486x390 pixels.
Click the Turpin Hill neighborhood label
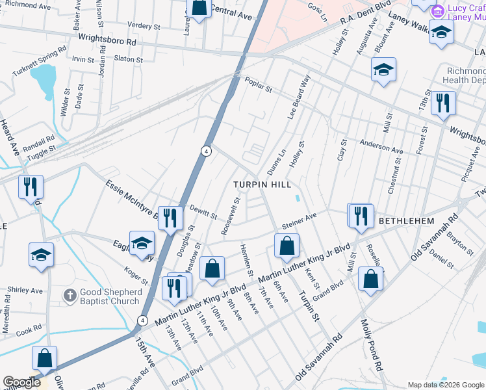tap(262, 185)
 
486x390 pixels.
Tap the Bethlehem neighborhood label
tap(406, 221)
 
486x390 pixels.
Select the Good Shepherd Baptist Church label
tap(110, 296)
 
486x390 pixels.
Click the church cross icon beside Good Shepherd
tap(70, 296)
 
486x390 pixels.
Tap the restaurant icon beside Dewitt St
tap(170, 218)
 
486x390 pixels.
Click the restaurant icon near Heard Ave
tap(31, 187)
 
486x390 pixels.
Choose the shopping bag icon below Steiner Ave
tap(287, 246)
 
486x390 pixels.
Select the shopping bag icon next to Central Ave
tap(199, 8)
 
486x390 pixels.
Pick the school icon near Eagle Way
tap(142, 243)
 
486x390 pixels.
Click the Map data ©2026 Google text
tap(445, 385)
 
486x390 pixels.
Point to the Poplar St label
tap(258, 83)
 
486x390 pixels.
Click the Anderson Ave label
tap(381, 148)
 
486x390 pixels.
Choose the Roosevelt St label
tap(231, 216)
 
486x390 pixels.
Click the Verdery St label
tap(144, 27)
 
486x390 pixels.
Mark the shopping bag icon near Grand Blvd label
tap(370, 279)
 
